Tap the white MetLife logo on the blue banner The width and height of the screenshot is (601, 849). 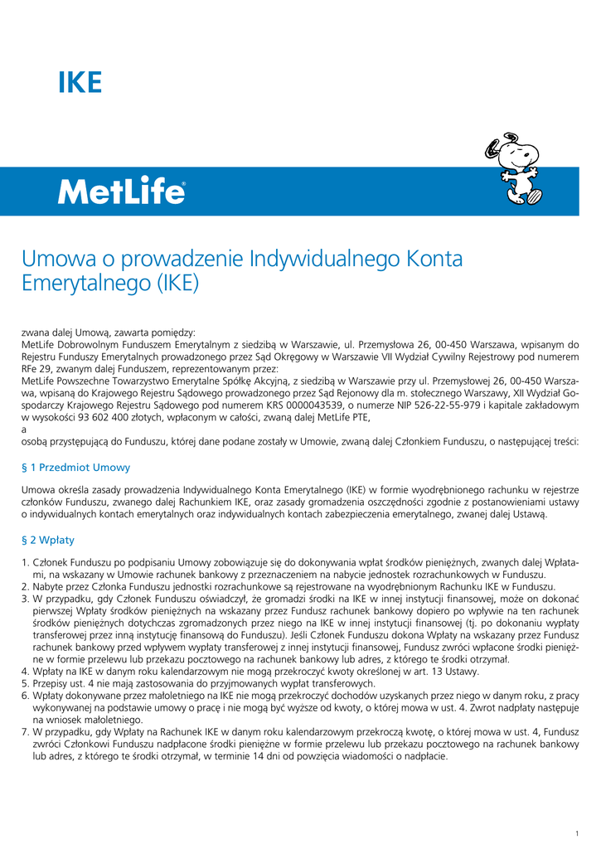click(121, 192)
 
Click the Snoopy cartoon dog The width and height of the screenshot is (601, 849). click(513, 169)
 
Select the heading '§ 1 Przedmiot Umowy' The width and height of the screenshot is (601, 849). click(75, 468)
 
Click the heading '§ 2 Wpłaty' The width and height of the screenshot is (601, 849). click(48, 540)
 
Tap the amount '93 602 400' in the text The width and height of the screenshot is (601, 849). click(106, 418)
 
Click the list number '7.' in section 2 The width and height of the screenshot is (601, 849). click(25, 733)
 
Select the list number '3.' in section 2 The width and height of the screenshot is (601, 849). click(25, 599)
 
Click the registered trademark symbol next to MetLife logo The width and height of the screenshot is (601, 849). click(183, 185)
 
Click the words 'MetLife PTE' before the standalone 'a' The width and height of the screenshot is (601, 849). click(343, 418)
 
